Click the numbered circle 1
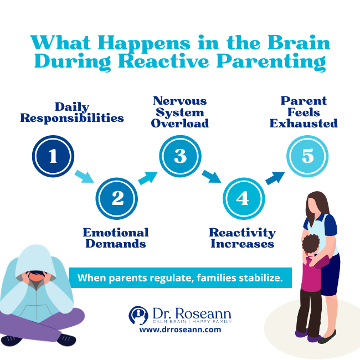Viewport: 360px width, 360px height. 53,156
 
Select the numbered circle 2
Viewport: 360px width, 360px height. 117,198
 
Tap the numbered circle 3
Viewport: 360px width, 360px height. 181,156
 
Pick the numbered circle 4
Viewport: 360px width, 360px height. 243,198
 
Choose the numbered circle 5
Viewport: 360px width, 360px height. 307,156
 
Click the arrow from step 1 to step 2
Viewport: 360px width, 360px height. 85,177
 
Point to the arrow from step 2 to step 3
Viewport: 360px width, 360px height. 147,178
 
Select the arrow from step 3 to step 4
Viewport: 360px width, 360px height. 212,177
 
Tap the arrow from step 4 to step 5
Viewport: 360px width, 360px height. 275,178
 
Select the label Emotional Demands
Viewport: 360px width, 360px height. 116,238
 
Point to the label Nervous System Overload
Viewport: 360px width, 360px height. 181,112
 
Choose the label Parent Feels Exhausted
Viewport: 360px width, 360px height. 304,112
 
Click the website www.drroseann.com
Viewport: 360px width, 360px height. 180,330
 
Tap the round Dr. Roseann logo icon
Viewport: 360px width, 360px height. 138,315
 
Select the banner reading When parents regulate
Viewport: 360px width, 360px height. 180,277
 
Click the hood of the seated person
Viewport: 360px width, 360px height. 36,260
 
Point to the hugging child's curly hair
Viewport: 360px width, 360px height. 310,244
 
